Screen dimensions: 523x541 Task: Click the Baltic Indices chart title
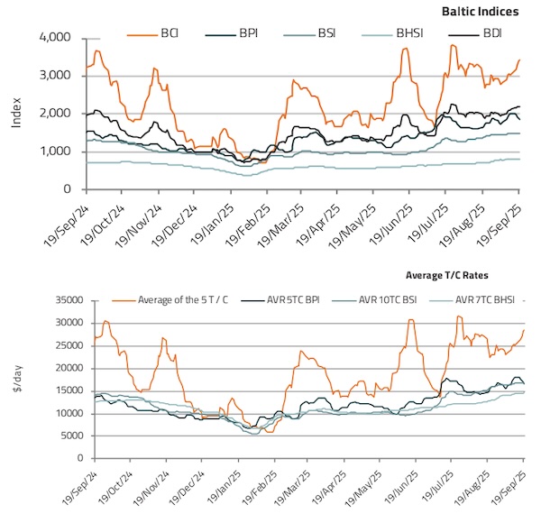(x=480, y=12)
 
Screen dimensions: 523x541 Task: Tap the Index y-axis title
(x=17, y=114)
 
